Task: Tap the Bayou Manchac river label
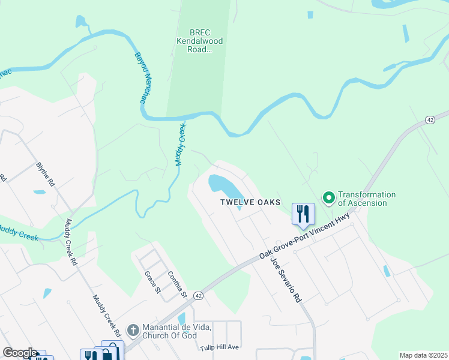coord(142,78)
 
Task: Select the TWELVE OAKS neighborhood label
coord(250,202)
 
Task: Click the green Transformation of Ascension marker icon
coord(328,197)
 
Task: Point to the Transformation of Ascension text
coord(366,199)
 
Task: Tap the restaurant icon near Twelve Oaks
coord(303,214)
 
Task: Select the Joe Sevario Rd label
coord(285,279)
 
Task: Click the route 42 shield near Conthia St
coord(199,296)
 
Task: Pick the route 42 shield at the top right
coord(429,120)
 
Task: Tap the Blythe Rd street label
coord(46,174)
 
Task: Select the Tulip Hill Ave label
coord(220,347)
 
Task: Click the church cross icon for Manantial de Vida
coord(133,330)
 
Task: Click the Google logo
coord(20,353)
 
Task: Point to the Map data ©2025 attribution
coord(423,355)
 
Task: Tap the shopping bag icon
coord(112,351)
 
